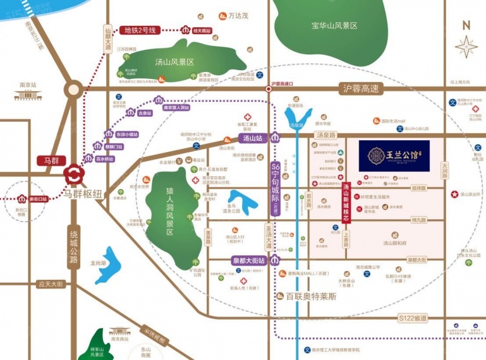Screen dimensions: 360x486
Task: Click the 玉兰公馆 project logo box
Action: [394, 155]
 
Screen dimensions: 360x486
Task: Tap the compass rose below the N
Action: [466, 47]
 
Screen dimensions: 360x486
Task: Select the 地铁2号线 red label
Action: [143, 30]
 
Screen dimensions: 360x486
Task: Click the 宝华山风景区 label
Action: [334, 26]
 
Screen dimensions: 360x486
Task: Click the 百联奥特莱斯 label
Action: [310, 296]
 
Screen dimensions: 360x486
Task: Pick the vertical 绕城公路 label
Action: [74, 246]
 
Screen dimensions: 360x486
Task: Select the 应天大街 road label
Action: [50, 284]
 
